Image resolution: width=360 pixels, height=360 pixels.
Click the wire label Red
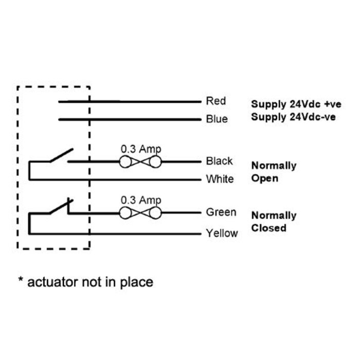[215, 101]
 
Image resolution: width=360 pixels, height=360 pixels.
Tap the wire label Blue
[216, 119]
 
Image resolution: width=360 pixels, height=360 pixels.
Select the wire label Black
[219, 161]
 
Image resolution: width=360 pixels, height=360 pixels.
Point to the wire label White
[220, 179]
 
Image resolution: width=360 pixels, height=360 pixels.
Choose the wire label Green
[221, 212]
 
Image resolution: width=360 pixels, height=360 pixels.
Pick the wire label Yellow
[222, 233]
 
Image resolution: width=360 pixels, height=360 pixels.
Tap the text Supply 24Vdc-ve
[293, 117]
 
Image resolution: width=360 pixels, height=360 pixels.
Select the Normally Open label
[274, 172]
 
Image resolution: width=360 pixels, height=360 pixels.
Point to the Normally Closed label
[274, 221]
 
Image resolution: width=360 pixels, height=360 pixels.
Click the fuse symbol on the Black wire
[140, 162]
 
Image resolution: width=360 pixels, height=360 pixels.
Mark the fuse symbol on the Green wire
[140, 212]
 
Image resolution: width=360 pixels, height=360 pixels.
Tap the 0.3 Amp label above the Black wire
[140, 149]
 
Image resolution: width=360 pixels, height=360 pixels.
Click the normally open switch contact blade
[61, 155]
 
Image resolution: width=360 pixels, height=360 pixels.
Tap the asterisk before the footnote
[21, 280]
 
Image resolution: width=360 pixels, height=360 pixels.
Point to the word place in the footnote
[136, 282]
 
